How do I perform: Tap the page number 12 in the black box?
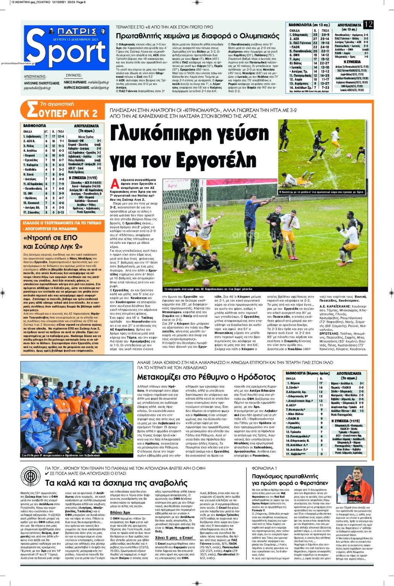point(368,24)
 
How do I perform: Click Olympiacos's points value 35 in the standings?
point(315,35)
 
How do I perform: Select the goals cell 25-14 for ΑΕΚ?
point(325,39)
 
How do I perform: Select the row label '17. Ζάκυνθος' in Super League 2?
point(32,213)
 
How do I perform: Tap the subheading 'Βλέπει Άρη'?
point(120,512)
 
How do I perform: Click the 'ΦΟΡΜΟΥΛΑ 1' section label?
point(264,468)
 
